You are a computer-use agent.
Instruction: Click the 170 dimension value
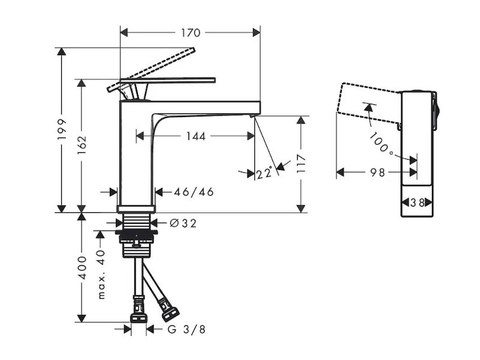(190, 32)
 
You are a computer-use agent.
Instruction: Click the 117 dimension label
(302, 163)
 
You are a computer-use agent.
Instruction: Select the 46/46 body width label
(194, 192)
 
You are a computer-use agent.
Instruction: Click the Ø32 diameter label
(183, 223)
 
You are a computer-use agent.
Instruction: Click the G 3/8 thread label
(182, 329)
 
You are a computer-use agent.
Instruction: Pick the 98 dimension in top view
(377, 173)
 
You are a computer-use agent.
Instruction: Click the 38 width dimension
(418, 203)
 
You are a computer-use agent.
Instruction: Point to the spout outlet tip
(254, 112)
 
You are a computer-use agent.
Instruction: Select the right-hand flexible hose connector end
(170, 313)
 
